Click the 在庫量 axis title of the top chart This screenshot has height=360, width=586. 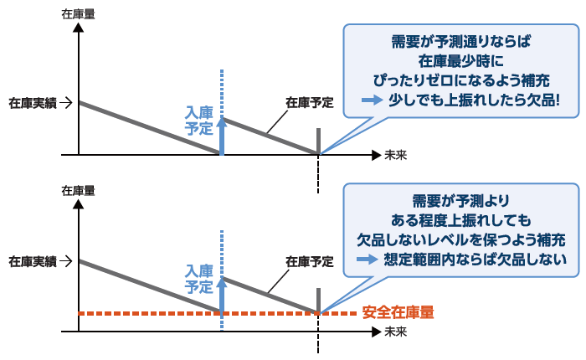click(x=78, y=14)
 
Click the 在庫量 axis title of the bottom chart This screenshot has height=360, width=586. click(x=78, y=191)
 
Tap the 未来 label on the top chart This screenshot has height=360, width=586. click(x=395, y=155)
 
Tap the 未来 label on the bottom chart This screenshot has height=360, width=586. click(x=395, y=332)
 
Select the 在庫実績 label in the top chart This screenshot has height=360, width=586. click(x=33, y=103)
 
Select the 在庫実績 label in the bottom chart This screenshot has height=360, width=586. click(x=33, y=261)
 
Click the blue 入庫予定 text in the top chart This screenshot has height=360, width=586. click(x=199, y=120)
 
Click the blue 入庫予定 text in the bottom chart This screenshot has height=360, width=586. click(x=199, y=278)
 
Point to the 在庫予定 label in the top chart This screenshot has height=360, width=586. click(x=309, y=103)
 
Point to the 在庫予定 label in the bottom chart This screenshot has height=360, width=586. click(x=309, y=261)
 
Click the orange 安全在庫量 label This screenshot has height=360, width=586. click(x=398, y=313)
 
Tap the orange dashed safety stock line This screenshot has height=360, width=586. click(x=151, y=313)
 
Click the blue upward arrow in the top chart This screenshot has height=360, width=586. click(x=222, y=134)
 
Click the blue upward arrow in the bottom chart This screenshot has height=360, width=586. click(x=222, y=293)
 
